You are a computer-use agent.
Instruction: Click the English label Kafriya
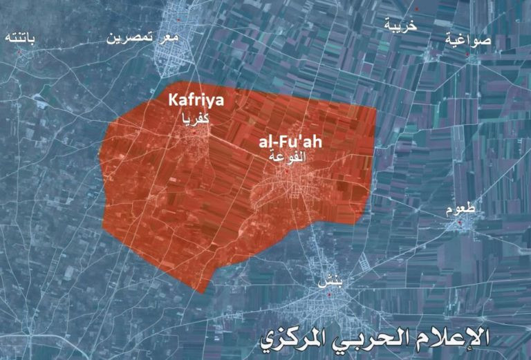click(196, 101)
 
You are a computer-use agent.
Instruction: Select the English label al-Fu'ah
click(290, 142)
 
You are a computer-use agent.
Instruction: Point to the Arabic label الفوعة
click(288, 157)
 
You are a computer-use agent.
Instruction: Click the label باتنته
click(20, 36)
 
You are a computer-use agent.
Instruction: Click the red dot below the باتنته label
click(21, 50)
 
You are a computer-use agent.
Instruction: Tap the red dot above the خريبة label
click(399, 9)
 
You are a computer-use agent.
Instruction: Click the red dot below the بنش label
click(329, 295)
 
